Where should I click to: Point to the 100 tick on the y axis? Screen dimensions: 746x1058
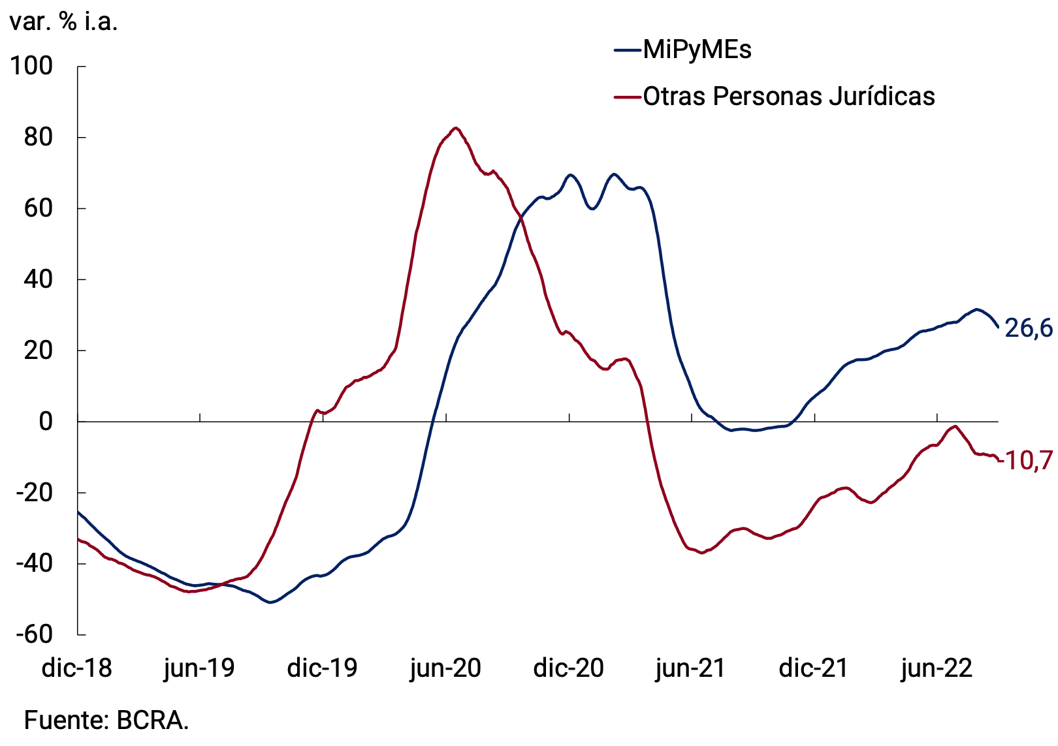point(31,66)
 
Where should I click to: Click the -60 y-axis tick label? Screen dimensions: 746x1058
point(34,634)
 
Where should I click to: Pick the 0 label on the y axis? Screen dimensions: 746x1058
point(46,422)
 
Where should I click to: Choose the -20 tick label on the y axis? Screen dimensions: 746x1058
point(34,492)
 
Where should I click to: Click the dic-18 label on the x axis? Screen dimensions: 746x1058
point(77,668)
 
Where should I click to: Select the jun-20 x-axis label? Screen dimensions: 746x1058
point(445,668)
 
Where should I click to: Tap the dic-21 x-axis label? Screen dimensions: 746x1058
point(814,668)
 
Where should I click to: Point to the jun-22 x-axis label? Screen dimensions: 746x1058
point(937,668)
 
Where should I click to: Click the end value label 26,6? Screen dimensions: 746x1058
point(1028,328)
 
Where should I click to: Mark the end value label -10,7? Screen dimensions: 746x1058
point(1027,461)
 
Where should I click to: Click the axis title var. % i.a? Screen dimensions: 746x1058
point(63,22)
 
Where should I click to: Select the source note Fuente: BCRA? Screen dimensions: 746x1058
point(106,720)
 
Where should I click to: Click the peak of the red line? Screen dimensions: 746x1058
point(455,128)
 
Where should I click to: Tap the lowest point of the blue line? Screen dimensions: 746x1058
point(270,602)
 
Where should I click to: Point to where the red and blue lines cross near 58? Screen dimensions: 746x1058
point(521,216)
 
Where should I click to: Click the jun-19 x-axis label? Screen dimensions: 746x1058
point(199,668)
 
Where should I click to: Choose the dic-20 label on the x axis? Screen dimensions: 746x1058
point(568,668)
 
